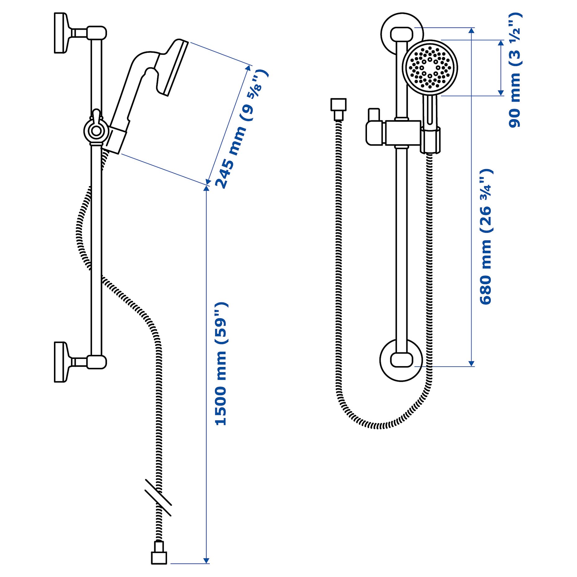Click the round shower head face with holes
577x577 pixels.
point(430,67)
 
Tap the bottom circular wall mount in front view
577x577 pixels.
point(401,360)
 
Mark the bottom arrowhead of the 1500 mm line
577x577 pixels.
point(206,560)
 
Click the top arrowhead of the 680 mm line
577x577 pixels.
point(471,30)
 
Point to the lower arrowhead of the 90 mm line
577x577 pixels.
point(501,93)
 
